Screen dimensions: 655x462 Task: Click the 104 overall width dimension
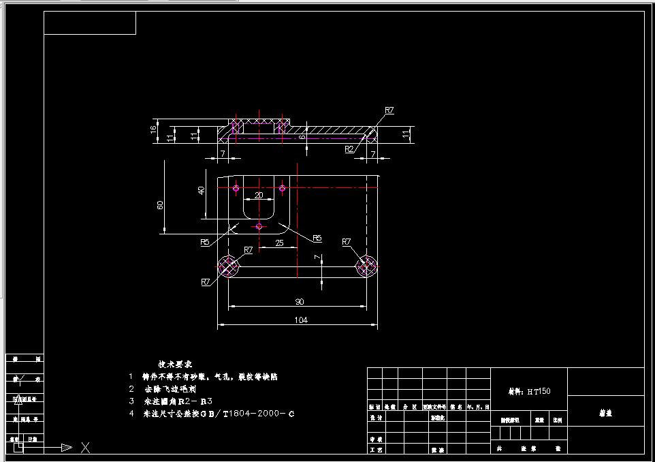tap(300, 320)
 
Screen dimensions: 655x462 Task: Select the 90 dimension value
tap(300, 301)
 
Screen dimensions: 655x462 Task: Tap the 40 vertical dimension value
tap(201, 190)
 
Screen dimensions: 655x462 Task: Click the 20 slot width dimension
tap(259, 196)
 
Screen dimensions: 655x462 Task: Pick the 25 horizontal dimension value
tap(279, 243)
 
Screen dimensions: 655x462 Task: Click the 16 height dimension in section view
tap(154, 127)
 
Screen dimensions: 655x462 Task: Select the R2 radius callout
tap(349, 149)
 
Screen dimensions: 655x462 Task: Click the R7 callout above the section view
tap(389, 110)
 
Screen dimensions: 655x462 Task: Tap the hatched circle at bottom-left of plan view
tap(229, 266)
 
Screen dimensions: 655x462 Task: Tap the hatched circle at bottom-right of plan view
tap(367, 266)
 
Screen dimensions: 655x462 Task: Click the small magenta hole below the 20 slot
tap(259, 226)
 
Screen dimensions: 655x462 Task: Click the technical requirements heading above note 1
tap(175, 364)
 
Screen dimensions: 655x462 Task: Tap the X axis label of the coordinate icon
tap(86, 448)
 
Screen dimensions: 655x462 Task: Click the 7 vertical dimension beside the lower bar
tap(317, 257)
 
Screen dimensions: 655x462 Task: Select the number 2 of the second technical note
tap(131, 388)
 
